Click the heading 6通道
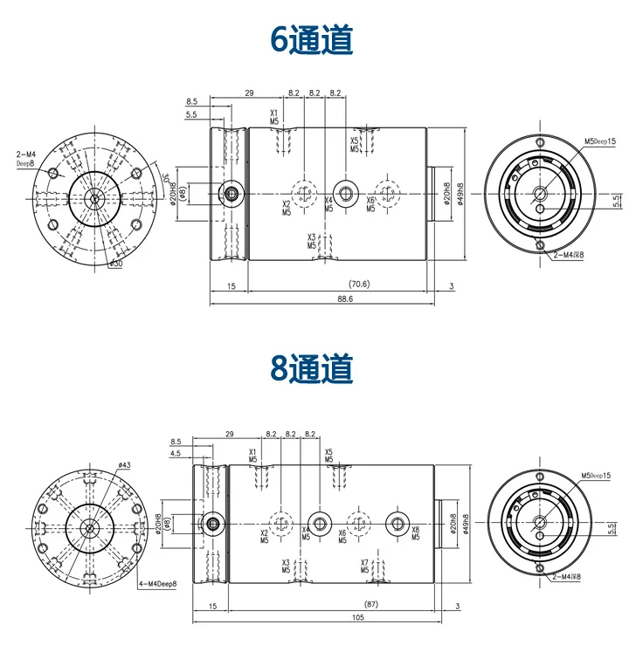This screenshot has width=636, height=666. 312,39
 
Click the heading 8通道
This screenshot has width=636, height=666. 312,368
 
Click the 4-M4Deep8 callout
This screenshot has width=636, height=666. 157,583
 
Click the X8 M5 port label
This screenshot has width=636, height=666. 415,534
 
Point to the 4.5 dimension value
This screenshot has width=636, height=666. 176,454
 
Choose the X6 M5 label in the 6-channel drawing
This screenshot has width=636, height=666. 370,205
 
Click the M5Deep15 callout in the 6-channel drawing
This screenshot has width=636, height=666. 600,141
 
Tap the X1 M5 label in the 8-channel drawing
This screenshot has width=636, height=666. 253,456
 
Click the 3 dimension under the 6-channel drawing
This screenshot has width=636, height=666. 451,285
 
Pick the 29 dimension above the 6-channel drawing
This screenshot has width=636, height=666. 249,93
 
